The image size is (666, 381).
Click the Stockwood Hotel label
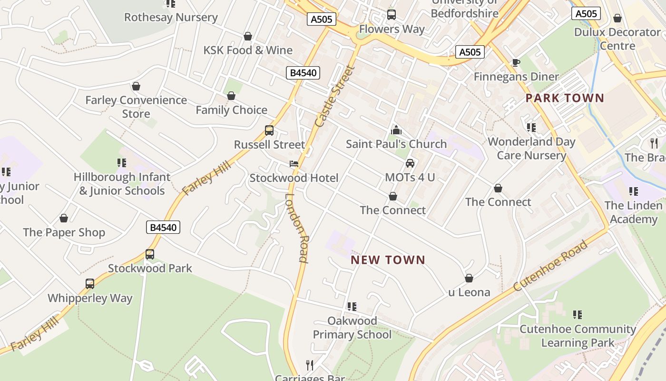(x=294, y=178)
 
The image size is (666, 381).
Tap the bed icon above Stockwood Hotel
(x=294, y=164)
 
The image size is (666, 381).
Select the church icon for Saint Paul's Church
(x=396, y=130)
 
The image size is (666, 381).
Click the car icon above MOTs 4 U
(x=410, y=163)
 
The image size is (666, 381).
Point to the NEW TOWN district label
(x=388, y=260)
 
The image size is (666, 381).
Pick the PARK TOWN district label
(x=565, y=99)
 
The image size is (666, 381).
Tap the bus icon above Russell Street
(x=269, y=130)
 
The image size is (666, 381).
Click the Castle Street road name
(x=335, y=96)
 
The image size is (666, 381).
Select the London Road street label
(x=298, y=228)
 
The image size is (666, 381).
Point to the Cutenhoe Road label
(x=550, y=266)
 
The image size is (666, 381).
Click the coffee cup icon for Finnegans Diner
(x=516, y=62)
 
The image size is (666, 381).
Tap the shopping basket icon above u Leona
(x=469, y=278)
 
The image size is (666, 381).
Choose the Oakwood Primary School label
(x=352, y=328)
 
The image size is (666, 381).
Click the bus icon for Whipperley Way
(x=90, y=284)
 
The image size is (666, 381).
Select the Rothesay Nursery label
(x=171, y=18)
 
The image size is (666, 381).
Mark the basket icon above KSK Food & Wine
(x=248, y=36)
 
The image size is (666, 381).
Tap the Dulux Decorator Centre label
(x=617, y=39)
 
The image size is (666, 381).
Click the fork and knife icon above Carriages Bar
(x=310, y=365)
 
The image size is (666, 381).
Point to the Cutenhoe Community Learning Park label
(x=578, y=336)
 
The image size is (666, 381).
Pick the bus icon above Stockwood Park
(x=150, y=254)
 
